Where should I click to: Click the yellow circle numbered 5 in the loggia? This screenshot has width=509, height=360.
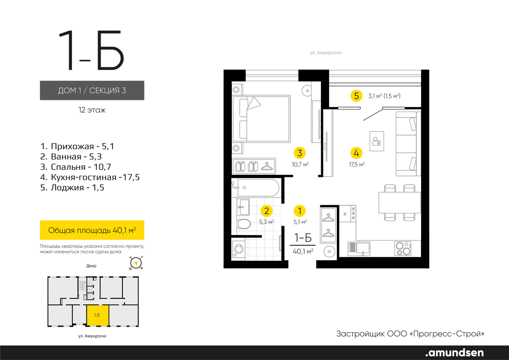356,96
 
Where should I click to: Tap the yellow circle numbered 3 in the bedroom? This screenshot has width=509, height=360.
300,153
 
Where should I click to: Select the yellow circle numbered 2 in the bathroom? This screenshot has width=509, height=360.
266,211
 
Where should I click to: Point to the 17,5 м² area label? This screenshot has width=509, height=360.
357,165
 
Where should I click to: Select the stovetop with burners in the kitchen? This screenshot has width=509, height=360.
403,248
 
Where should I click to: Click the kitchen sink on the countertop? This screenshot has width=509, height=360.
359,248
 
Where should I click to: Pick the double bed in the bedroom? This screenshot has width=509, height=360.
261,118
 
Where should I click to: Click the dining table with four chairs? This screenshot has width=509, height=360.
399,203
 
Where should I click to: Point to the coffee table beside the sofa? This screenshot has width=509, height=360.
376,141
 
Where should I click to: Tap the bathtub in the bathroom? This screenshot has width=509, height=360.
256,188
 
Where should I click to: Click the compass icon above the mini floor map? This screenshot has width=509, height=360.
136,263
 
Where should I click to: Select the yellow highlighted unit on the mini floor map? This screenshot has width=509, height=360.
97,315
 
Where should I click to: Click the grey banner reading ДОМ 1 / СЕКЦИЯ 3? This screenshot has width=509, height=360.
92,90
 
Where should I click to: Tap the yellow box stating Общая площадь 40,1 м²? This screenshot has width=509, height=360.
92,230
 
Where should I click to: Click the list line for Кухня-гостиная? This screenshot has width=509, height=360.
90,177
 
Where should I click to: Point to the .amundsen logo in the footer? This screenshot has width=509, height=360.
455,352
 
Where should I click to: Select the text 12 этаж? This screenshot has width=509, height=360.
92,110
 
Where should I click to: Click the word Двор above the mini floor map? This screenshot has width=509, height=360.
91,266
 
